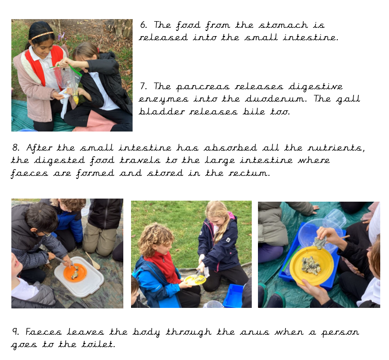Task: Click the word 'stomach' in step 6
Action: click(x=283, y=25)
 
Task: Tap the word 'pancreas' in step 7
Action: click(x=203, y=87)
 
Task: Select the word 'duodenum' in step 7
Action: click(x=275, y=99)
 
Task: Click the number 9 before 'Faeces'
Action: click(x=15, y=332)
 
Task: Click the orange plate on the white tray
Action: click(x=75, y=272)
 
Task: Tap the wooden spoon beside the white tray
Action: click(x=93, y=260)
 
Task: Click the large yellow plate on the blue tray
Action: click(x=312, y=266)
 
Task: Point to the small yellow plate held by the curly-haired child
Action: click(x=195, y=280)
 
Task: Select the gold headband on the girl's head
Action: click(x=42, y=36)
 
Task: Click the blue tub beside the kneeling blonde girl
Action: click(x=233, y=296)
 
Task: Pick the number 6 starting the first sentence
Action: click(x=143, y=25)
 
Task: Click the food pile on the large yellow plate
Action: click(x=311, y=266)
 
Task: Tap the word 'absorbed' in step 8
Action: click(x=231, y=148)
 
